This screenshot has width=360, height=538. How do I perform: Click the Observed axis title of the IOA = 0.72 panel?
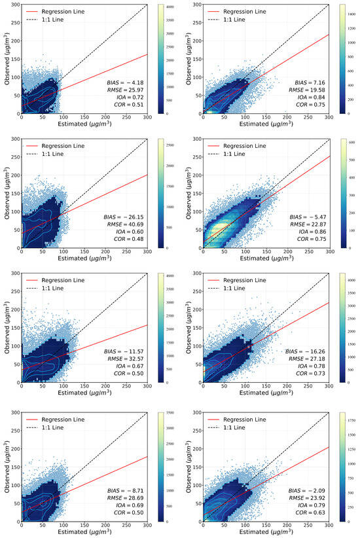tap(7, 59)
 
